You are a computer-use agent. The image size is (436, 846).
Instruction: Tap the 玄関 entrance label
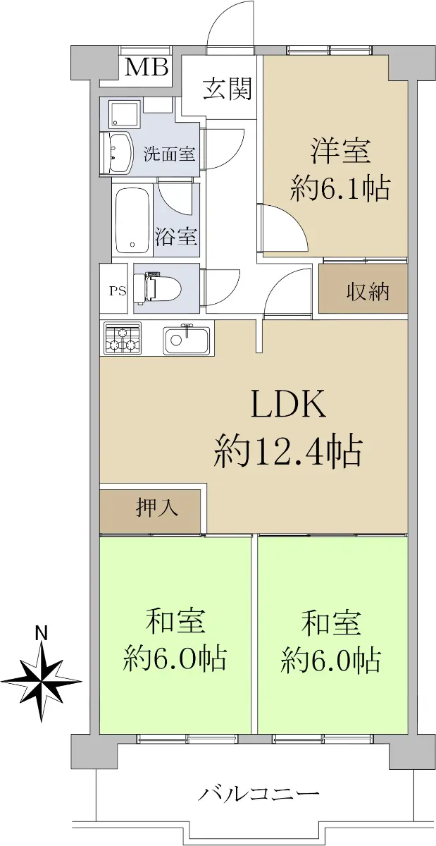[228, 90]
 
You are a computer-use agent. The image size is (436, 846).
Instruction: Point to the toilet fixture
[158, 289]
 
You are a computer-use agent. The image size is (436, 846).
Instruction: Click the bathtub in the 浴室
[132, 221]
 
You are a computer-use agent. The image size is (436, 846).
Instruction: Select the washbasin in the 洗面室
[117, 154]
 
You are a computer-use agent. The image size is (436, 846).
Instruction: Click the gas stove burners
[123, 338]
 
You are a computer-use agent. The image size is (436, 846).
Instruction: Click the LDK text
[288, 405]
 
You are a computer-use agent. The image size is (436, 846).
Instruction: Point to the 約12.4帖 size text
[288, 452]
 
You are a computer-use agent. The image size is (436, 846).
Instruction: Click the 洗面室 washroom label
[169, 154]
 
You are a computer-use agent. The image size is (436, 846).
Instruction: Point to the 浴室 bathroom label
[176, 236]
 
